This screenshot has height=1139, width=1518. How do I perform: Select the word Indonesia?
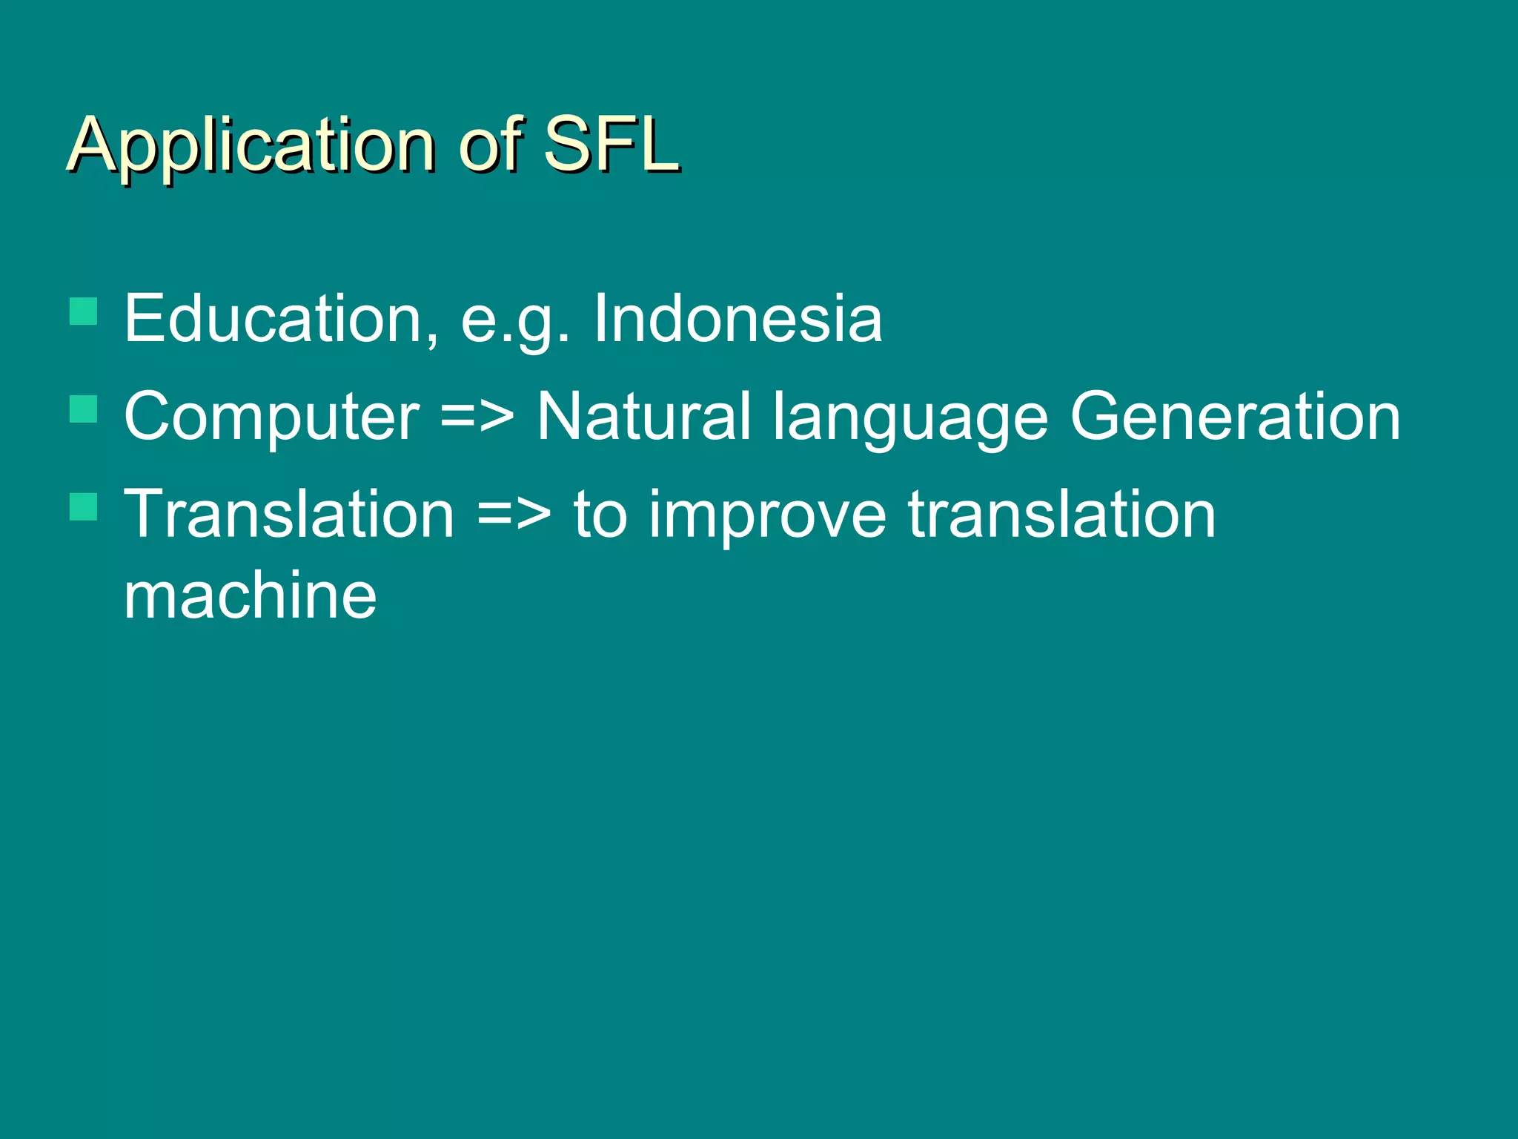tap(738, 318)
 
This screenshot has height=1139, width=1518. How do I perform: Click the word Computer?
tap(271, 417)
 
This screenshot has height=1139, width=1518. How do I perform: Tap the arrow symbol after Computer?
tap(477, 417)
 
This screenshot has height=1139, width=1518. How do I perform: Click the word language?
tap(910, 418)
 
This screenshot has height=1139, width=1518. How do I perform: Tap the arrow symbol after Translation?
tap(514, 515)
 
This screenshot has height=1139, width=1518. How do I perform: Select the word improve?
tap(767, 516)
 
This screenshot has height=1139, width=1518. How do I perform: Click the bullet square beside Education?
tap(84, 311)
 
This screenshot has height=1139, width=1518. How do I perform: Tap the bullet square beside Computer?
tap(84, 409)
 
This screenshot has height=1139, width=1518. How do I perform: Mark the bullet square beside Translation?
tap(84, 506)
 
